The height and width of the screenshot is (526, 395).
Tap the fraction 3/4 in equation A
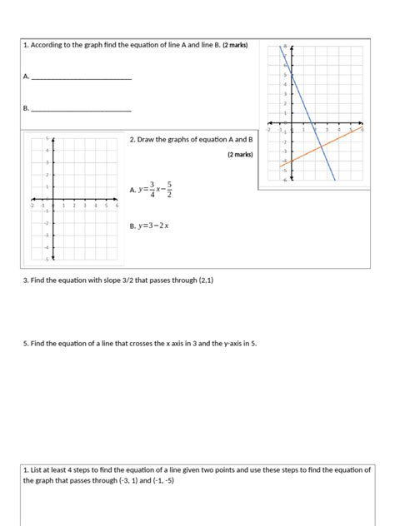[152, 189]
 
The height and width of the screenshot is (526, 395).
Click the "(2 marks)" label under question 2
[240, 155]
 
